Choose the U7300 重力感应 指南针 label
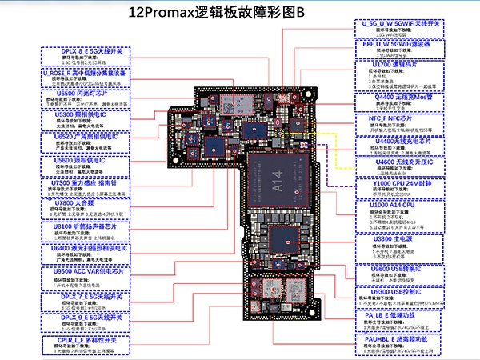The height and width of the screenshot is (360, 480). (85, 182)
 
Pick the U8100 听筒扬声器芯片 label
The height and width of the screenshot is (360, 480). (85, 227)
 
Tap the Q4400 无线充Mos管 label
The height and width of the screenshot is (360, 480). (397, 97)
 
